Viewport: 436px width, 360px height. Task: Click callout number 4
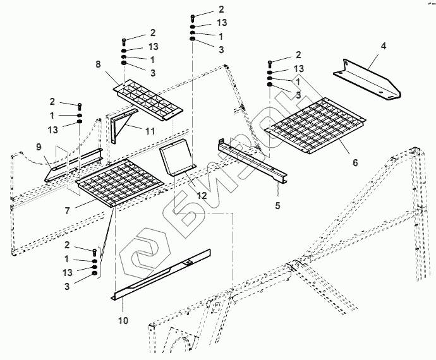(x=383, y=46)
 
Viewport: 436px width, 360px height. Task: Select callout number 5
(x=277, y=205)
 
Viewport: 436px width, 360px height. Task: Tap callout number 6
(x=354, y=162)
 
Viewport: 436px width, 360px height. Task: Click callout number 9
(x=39, y=147)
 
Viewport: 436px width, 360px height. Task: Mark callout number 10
(x=123, y=320)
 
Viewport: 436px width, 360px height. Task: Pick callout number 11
(x=150, y=131)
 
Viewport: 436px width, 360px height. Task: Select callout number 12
(x=201, y=195)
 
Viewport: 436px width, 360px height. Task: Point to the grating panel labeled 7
(x=120, y=182)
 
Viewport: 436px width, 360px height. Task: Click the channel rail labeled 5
(x=253, y=162)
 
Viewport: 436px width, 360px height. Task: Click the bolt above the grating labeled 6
(x=270, y=63)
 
